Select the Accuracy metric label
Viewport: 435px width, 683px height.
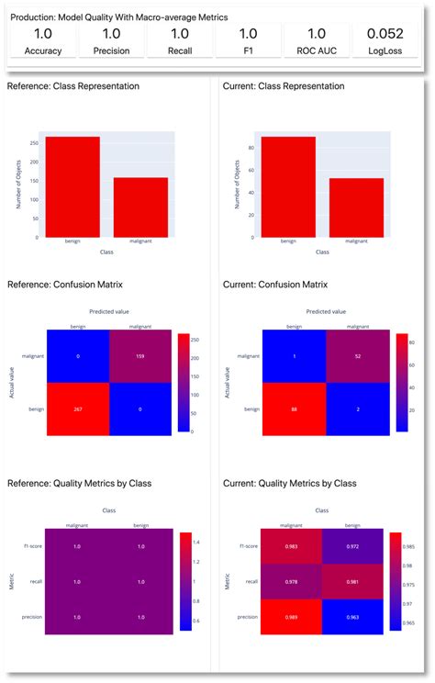42,51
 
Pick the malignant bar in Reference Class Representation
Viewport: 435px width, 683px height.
139,207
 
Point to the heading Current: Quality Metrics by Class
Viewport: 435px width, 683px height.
292,483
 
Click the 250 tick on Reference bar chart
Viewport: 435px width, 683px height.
32,143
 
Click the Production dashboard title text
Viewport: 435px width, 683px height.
119,17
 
